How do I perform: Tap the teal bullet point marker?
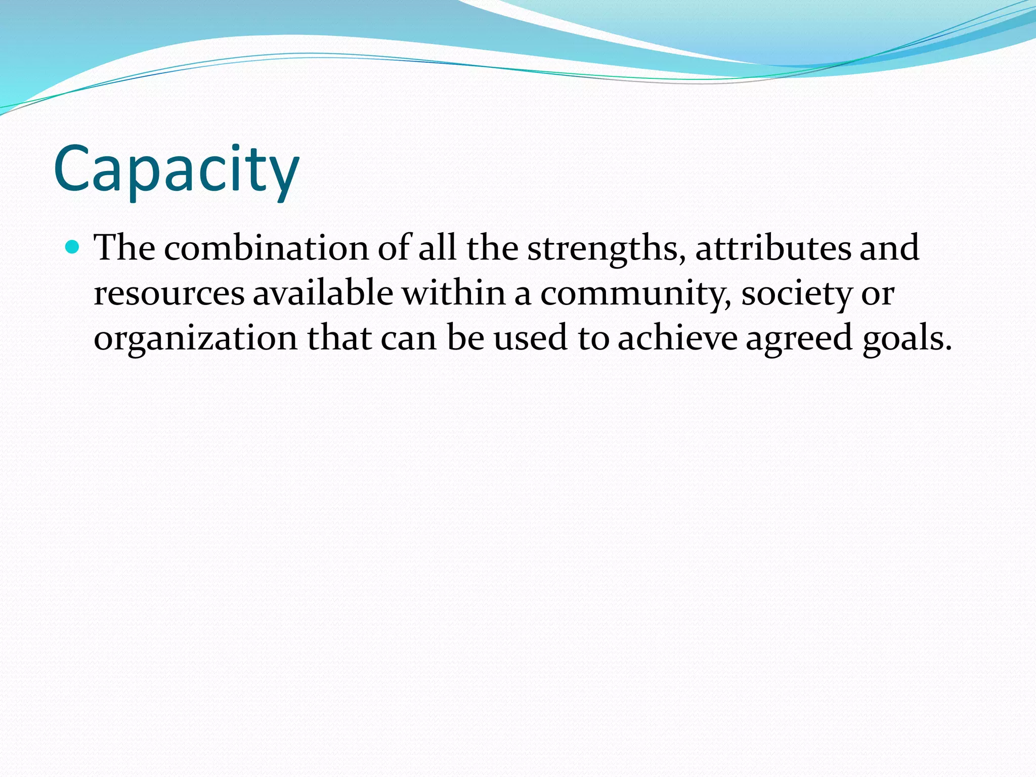click(73, 247)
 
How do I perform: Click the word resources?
click(169, 293)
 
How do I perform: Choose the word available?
click(323, 293)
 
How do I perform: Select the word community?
click(635, 294)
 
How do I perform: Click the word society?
click(796, 294)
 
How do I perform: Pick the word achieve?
click(677, 338)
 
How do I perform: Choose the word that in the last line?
click(339, 338)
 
